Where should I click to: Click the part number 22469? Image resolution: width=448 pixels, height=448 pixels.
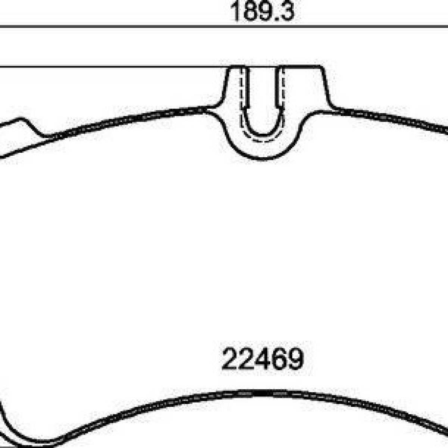click(263, 358)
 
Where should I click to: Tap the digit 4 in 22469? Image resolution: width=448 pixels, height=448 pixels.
click(263, 358)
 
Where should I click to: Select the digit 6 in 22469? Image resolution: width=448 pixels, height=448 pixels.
click(280, 358)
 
